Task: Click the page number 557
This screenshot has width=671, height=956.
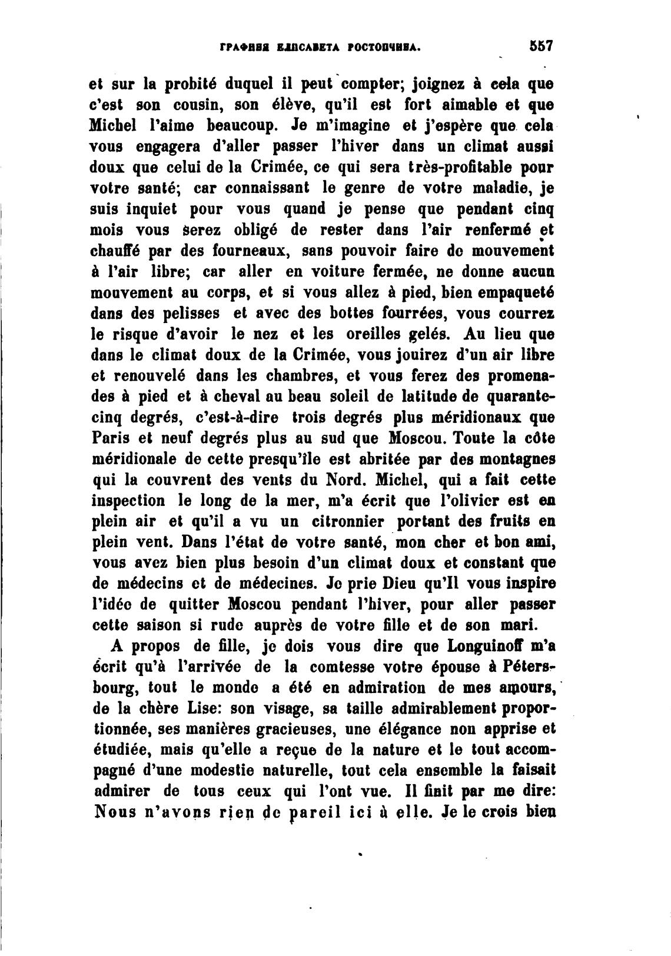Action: pos(539,46)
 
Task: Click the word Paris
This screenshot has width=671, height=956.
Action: pos(109,439)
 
